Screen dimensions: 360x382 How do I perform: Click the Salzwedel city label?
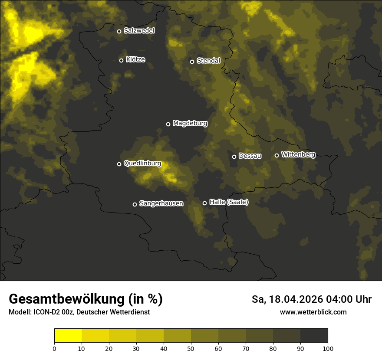[139, 31]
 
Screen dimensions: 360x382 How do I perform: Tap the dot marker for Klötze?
[122, 61]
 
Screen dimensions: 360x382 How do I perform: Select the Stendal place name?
[208, 61]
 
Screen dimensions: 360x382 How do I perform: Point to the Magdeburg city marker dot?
[168, 124]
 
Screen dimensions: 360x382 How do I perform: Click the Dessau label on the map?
[250, 156]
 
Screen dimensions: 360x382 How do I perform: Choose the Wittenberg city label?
[298, 154]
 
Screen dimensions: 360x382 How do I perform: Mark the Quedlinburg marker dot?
[119, 164]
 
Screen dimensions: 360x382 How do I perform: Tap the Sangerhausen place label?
[161, 203]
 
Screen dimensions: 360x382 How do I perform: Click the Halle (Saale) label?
[229, 202]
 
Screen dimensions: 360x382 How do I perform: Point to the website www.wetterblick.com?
[313, 312]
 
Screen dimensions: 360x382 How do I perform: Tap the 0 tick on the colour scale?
[54, 348]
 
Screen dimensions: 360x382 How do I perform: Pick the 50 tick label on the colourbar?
[191, 348]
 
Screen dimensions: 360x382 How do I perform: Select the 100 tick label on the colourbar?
[328, 348]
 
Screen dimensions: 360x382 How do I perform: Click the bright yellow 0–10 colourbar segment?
[68, 336]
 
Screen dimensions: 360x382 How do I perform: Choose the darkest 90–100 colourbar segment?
[314, 336]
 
